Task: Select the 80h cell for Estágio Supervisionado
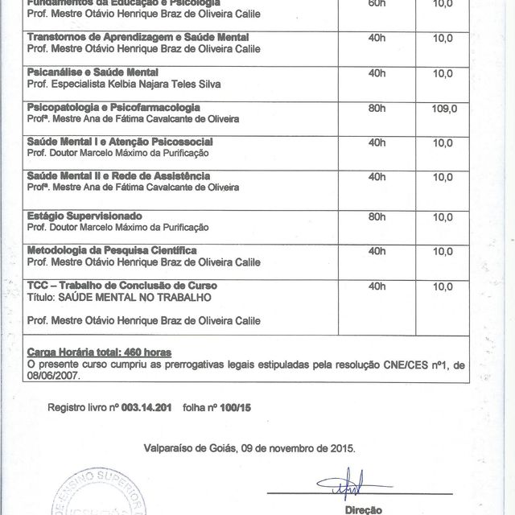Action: [377, 216]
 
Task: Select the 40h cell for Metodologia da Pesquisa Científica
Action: [377, 251]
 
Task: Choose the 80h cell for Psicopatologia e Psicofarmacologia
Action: [377, 107]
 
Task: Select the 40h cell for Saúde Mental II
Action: [377, 176]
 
